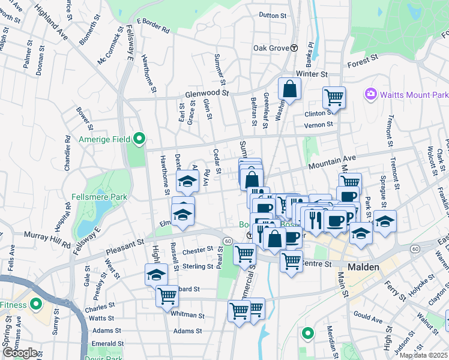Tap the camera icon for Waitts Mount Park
click(x=370, y=94)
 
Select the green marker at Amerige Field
click(x=139, y=139)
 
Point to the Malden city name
click(x=363, y=266)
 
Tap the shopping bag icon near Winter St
click(x=289, y=90)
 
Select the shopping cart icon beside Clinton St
click(x=334, y=97)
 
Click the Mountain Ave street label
click(x=333, y=160)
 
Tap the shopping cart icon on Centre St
click(x=291, y=262)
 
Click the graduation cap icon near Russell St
click(x=156, y=275)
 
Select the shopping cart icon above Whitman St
click(x=167, y=295)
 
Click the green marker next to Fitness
click(x=35, y=305)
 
